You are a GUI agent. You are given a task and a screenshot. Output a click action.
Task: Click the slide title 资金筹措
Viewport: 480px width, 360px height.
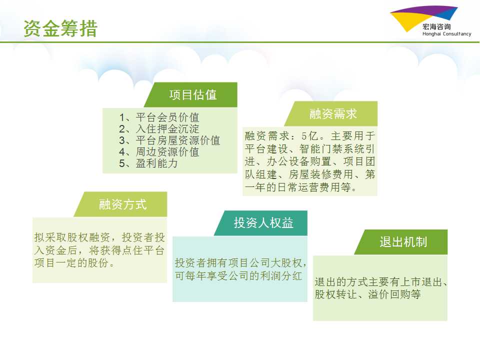(60, 28)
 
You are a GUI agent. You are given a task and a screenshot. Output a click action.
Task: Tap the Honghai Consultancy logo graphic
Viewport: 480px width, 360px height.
(424, 18)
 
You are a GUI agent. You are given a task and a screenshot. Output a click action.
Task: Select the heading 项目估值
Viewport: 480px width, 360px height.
(193, 95)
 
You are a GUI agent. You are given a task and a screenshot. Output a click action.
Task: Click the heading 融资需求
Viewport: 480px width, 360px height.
(333, 114)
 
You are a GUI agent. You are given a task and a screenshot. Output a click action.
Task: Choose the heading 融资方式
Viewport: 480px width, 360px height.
(123, 204)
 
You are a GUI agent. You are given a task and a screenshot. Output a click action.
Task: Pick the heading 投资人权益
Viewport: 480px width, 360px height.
(263, 223)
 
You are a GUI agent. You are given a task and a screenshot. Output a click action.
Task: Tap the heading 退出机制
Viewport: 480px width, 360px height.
(403, 242)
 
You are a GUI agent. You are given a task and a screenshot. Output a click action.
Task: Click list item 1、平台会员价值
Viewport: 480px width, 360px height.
(159, 117)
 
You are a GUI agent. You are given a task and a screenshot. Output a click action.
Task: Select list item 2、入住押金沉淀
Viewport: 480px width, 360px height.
(159, 129)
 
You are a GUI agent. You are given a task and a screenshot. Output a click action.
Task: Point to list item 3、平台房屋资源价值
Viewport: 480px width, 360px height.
(169, 140)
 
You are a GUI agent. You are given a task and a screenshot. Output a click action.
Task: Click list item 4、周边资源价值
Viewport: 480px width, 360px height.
(159, 152)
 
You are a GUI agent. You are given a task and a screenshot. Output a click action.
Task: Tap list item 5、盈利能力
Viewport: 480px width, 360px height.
(148, 163)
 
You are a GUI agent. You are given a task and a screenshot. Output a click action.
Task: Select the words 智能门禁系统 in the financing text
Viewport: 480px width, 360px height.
(331, 149)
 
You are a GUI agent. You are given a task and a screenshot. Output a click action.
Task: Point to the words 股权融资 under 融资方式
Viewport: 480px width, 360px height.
(88, 237)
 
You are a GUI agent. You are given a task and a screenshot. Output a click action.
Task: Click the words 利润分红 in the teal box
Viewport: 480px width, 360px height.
(281, 276)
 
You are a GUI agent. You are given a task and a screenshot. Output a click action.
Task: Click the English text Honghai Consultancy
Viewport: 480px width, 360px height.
(446, 34)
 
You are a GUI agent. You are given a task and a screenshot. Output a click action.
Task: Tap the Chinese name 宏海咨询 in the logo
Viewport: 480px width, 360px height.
(436, 26)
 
